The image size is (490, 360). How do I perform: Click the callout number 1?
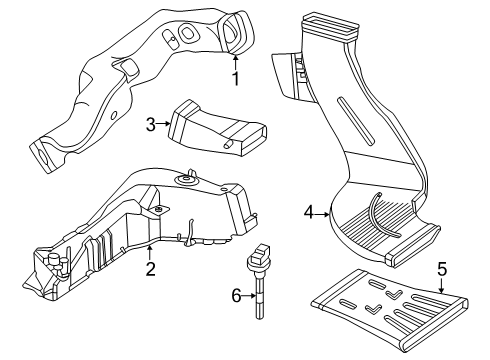236,79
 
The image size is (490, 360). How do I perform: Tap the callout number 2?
150,269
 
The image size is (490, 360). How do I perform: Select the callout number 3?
151,125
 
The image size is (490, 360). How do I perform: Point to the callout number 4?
309,212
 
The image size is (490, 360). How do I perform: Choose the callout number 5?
442,269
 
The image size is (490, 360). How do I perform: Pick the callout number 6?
236,295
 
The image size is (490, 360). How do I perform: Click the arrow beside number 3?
163,124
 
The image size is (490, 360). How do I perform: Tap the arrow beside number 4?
322,215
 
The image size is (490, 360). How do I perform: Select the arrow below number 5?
442,285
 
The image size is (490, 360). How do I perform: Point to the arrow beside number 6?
249,295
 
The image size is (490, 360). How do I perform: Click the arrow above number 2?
150,253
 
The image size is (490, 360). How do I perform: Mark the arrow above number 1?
235,63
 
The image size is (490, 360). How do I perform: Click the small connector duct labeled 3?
217,128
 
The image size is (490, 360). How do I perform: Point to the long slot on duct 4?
355,121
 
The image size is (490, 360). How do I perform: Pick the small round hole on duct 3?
228,143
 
